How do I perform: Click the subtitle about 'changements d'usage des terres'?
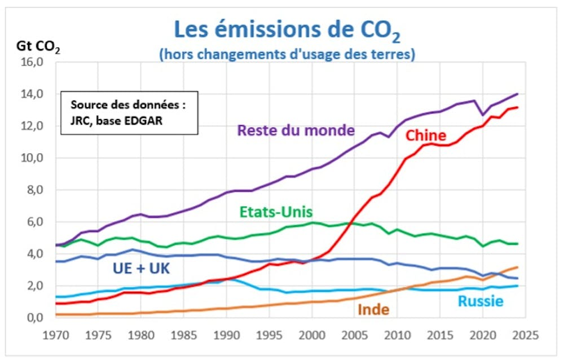pyautogui.click(x=287, y=55)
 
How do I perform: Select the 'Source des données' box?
pyautogui.click(x=129, y=113)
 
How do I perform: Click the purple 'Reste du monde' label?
pyautogui.click(x=296, y=130)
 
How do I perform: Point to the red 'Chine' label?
pyautogui.click(x=426, y=135)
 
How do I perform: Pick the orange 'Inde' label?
pyautogui.click(x=373, y=309)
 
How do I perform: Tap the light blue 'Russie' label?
pyautogui.click(x=480, y=301)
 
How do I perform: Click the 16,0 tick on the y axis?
pyautogui.click(x=32, y=62)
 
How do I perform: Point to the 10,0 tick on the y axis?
pyautogui.click(x=32, y=158)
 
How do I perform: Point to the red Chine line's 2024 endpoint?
pyautogui.click(x=517, y=107)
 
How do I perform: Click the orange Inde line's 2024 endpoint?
pyautogui.click(x=517, y=267)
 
